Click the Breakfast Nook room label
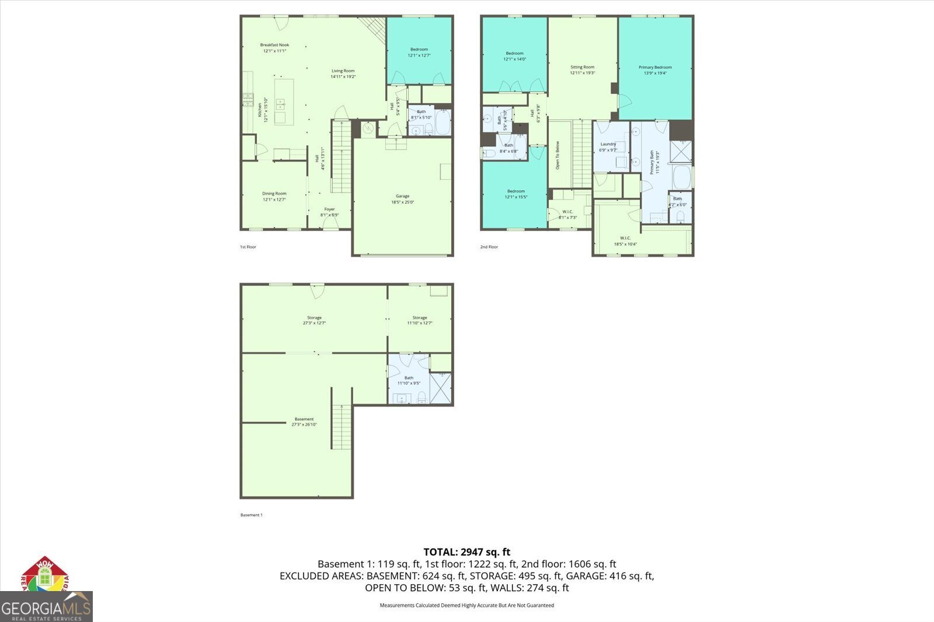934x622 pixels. [274, 48]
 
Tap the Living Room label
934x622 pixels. [343, 74]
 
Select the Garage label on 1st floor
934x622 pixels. [402, 199]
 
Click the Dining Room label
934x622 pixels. [274, 197]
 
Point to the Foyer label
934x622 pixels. [329, 212]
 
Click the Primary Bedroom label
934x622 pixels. [655, 70]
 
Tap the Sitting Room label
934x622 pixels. [582, 70]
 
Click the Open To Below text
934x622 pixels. [557, 155]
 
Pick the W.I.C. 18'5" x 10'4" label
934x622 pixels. [625, 241]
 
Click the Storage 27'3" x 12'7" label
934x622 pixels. [314, 320]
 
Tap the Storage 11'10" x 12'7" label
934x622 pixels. [420, 320]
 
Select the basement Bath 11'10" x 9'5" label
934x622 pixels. [409, 380]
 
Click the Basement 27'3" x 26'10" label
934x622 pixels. [304, 422]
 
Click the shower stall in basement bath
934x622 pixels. [441, 388]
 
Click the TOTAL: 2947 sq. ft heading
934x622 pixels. [466, 551]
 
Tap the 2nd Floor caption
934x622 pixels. [489, 247]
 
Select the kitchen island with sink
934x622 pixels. [283, 103]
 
